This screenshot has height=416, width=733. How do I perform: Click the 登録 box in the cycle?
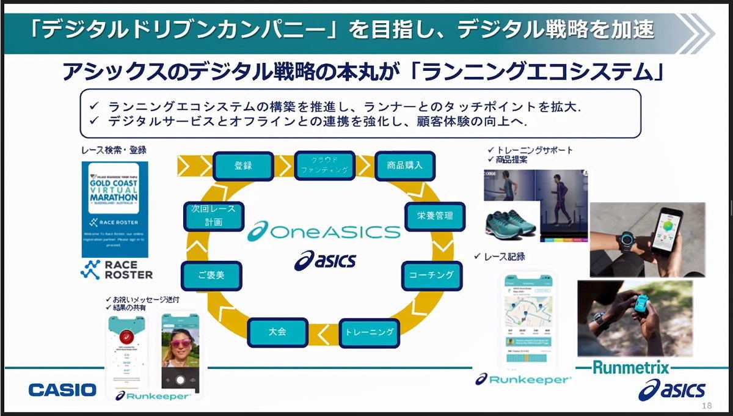243,166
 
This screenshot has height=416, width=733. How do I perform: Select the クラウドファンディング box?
324,165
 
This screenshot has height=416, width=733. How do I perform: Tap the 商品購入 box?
404,166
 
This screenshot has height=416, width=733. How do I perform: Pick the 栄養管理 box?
434,216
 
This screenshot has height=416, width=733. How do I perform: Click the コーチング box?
431,276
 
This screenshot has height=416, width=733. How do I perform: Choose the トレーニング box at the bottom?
369,332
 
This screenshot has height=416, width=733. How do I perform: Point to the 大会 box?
277,332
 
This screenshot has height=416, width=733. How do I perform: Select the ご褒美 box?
211,276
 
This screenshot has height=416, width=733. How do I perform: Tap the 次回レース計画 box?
213,216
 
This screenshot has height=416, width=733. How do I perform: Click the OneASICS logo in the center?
324,232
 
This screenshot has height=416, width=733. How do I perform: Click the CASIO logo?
62,390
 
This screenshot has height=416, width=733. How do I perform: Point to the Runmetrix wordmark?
631,368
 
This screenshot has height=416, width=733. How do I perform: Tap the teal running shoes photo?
512,220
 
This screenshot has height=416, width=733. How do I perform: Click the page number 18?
707,406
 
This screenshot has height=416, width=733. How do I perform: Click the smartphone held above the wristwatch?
667,232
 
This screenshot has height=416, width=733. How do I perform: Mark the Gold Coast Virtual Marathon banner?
114,210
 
